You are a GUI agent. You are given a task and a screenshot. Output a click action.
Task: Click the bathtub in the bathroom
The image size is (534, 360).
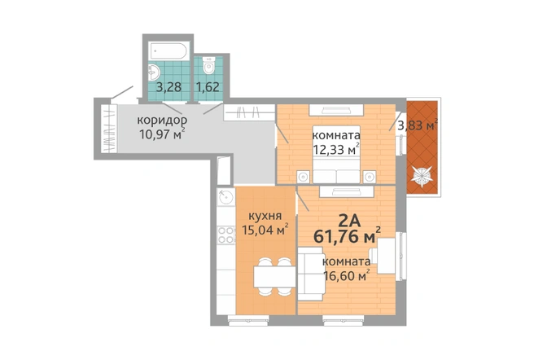click(x=169, y=51)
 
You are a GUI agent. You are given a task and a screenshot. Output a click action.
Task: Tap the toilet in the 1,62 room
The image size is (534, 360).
click(x=208, y=65)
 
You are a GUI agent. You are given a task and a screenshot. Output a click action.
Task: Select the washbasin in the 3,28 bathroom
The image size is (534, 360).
click(x=154, y=72)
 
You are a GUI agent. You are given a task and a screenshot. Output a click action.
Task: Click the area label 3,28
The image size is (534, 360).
click(x=169, y=87)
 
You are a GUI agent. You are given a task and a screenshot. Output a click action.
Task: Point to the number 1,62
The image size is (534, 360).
click(x=208, y=87)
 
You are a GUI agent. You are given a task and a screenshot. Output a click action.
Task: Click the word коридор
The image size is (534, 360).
click(x=162, y=121)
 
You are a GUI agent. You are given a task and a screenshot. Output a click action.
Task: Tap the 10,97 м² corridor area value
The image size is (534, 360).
click(x=163, y=134)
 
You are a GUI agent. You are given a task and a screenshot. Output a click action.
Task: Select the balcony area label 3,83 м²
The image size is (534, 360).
click(x=418, y=125)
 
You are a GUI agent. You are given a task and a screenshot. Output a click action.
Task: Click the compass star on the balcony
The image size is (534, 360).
click(x=422, y=176)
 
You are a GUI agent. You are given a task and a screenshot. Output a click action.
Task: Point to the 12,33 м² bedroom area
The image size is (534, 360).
click(x=336, y=149)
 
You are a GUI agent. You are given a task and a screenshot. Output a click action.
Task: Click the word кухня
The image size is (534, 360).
click(x=265, y=216)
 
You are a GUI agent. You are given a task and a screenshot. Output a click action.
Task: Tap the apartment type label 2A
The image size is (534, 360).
click(x=349, y=222)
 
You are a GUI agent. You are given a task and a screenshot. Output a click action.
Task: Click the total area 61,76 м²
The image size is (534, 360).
click(x=347, y=236)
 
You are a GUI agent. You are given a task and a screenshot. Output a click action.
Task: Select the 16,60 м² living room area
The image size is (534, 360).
click(x=347, y=275)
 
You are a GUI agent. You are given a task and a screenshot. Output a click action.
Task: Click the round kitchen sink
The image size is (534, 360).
click(x=225, y=197)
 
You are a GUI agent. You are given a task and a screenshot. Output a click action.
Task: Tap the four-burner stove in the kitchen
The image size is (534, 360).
click(x=226, y=235)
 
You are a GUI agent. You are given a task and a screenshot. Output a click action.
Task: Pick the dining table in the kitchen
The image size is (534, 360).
click(x=274, y=276)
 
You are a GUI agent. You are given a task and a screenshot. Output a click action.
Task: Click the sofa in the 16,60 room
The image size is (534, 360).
click(x=311, y=274)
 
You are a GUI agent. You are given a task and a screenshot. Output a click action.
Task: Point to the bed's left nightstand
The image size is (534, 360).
click(x=303, y=177)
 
